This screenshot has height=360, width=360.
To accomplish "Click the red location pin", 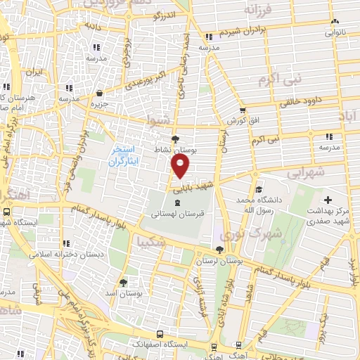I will click(181, 166).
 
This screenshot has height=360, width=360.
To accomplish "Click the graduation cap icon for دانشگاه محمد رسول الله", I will click(259, 189).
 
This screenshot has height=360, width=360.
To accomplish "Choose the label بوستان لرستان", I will click(219, 262).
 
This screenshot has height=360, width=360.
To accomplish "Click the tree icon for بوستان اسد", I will click(124, 282).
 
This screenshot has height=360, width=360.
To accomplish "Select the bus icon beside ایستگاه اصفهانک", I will click(161, 335).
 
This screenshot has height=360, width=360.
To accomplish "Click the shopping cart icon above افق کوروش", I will click(243, 110).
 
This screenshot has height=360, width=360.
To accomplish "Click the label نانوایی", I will click(335, 32).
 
